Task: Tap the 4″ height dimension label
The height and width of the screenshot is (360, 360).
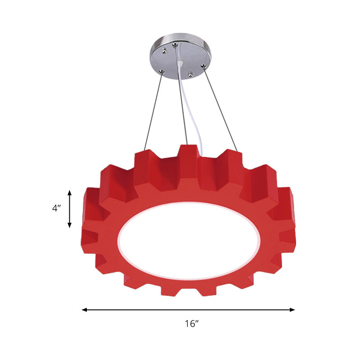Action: click(x=56, y=208)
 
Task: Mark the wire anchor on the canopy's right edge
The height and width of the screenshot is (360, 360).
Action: click(x=203, y=68)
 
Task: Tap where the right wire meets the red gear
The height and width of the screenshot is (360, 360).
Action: click(x=238, y=150)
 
